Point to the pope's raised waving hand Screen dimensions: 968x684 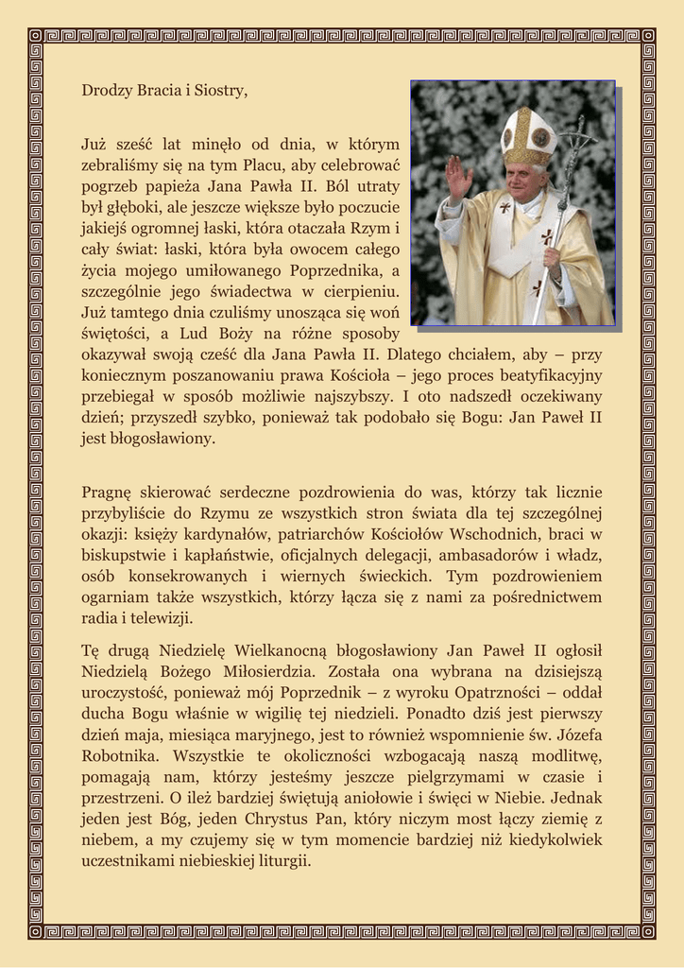click(x=459, y=176)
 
